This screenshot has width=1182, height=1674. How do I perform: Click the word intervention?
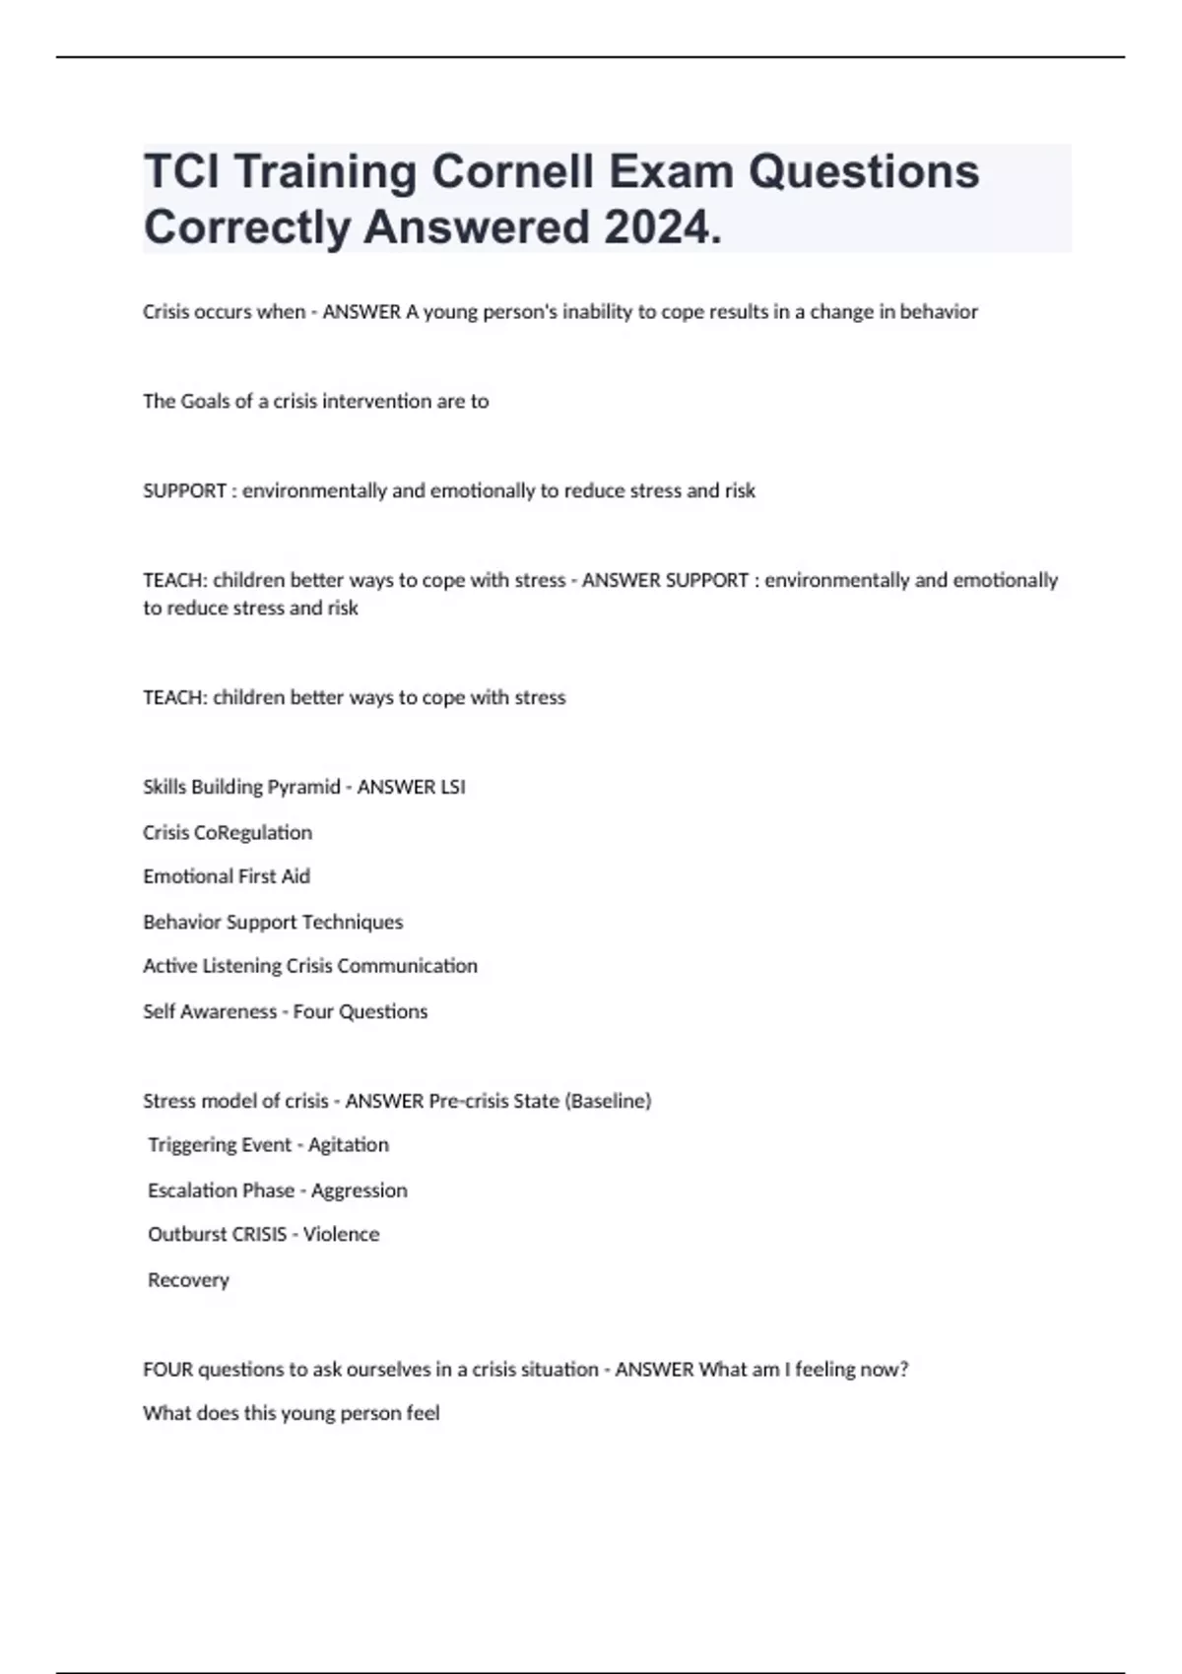click(378, 402)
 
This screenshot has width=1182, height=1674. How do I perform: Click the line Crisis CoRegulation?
click(228, 833)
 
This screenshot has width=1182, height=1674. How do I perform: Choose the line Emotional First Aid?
click(227, 876)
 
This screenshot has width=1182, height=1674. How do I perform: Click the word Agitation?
click(349, 1145)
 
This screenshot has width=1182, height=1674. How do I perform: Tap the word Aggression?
click(360, 1191)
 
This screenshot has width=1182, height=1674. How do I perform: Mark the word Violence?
click(341, 1235)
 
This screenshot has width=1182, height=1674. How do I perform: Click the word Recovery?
click(188, 1280)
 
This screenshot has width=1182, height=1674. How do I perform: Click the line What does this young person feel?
click(292, 1414)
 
